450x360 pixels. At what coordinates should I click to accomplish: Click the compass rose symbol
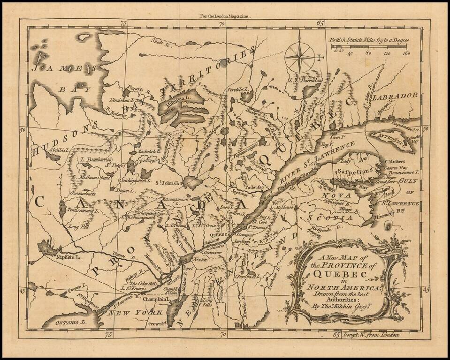click(300, 57)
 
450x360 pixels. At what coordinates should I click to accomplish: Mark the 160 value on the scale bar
click(406, 53)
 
